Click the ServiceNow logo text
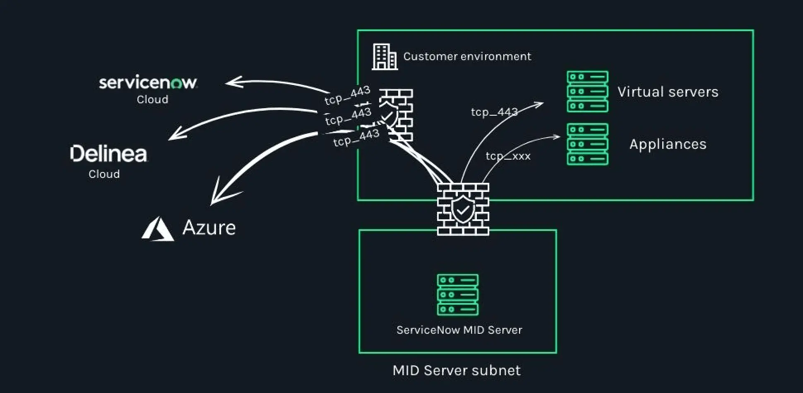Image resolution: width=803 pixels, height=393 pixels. (148, 82)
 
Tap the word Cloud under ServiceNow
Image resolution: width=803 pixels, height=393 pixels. (152, 99)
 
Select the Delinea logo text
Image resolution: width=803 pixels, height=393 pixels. (109, 154)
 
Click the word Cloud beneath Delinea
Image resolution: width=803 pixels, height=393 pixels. (104, 174)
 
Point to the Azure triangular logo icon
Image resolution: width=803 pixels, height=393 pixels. (157, 229)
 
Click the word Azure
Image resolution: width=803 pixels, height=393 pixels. (209, 228)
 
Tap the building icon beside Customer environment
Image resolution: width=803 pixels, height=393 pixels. (384, 57)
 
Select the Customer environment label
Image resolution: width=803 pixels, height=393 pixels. (467, 56)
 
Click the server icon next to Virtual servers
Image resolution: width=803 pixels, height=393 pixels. (587, 92)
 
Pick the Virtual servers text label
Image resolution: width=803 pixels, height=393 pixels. (668, 92)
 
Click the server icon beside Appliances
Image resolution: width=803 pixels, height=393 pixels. (587, 144)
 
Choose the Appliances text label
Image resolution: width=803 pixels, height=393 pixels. (668, 144)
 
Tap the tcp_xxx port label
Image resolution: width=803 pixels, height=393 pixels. (508, 156)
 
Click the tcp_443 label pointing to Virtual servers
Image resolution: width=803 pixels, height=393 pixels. (494, 112)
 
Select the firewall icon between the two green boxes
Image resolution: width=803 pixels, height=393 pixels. (463, 209)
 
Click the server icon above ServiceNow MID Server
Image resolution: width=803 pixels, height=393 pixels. (457, 295)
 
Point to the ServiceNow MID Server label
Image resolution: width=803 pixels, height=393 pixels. (459, 330)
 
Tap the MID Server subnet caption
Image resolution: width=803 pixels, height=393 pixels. (457, 370)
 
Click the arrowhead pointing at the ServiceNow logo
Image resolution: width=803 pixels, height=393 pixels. (232, 82)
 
